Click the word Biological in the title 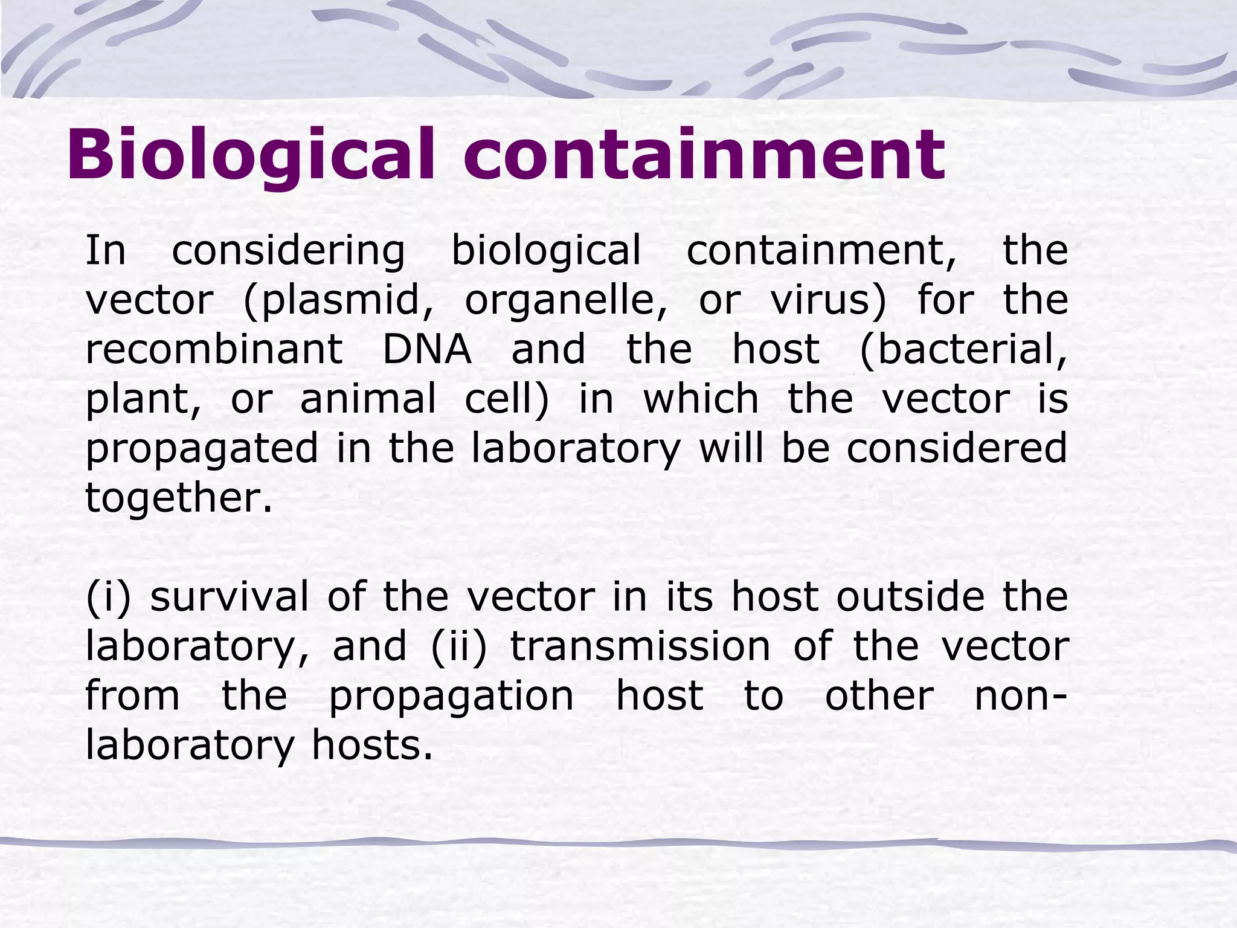point(251,155)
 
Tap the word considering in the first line point(288,251)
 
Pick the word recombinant point(214,349)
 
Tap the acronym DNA point(427,349)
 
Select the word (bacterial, point(963,350)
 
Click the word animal point(368,399)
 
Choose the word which point(701,399)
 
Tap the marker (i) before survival point(108,597)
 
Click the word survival point(230,597)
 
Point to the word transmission point(640,646)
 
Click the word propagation point(451,697)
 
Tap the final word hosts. point(373,746)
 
